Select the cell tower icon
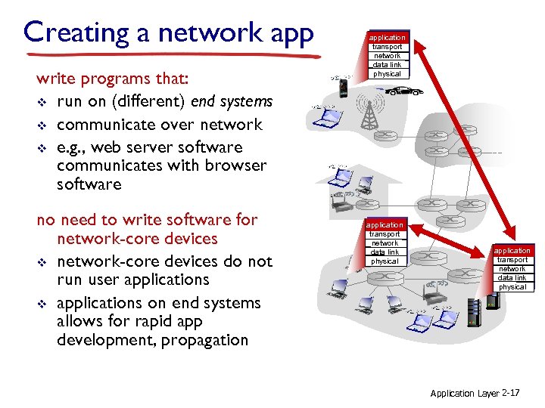coord(369,113)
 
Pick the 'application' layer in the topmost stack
coord(387,37)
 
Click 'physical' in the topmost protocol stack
coord(387,74)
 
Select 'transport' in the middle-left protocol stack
coord(385,234)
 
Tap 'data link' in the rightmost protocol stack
coord(512,278)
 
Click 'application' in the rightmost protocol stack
coord(512,251)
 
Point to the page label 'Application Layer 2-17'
coord(475,394)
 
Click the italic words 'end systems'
coord(232,102)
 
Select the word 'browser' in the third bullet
coord(236,165)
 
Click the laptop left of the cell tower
coord(326,117)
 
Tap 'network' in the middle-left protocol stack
coord(385,243)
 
